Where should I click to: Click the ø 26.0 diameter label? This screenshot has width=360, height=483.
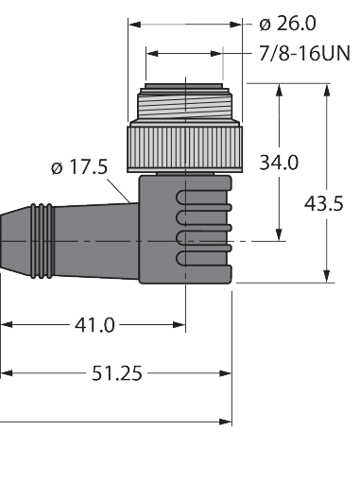pos(289,22)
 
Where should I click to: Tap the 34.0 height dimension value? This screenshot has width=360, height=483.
pos(280,162)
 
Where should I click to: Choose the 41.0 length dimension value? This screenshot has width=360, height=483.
pos(94,325)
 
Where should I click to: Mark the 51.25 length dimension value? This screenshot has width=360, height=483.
pos(117,373)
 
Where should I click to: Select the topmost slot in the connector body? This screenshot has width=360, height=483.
pos(202,196)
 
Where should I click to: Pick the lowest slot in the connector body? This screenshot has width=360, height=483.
pos(202,257)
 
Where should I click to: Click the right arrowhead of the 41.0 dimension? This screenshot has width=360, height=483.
pos(180,325)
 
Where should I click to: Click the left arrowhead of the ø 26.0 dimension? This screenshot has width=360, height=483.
pos(133,22)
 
